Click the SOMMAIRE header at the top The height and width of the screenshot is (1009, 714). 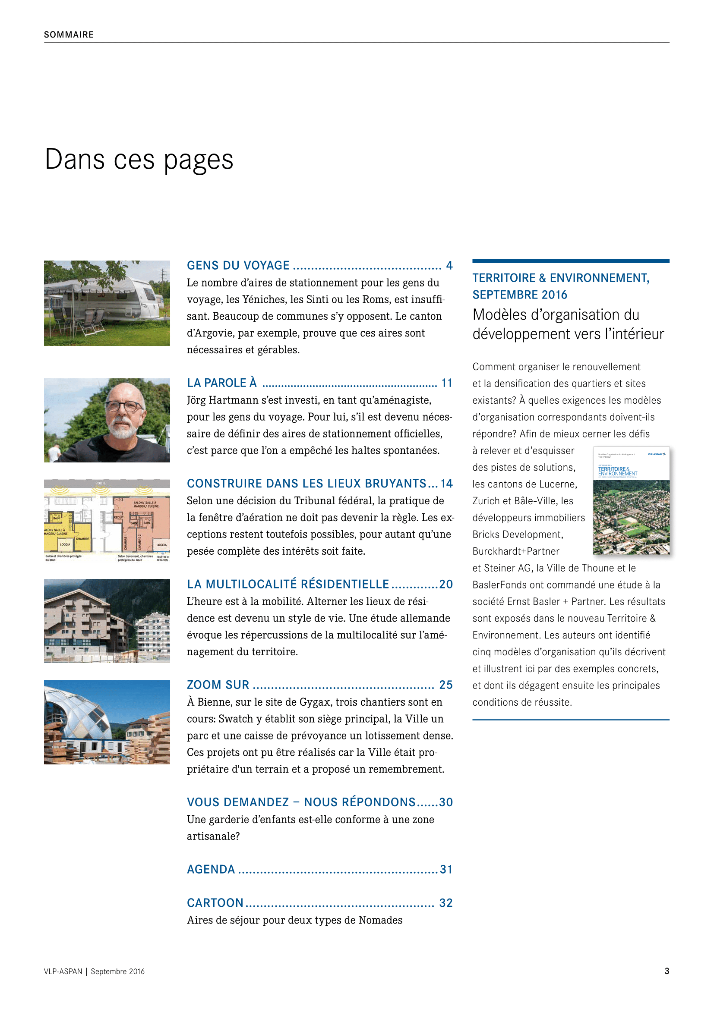(69, 35)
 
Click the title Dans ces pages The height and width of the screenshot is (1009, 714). (139, 160)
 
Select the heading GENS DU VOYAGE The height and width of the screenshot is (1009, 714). (238, 265)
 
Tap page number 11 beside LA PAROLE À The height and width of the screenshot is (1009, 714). (447, 383)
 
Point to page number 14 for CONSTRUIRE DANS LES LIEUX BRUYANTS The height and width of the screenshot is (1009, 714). (446, 484)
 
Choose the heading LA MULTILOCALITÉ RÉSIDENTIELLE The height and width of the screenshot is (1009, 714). (288, 585)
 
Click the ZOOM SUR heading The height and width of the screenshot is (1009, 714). (218, 685)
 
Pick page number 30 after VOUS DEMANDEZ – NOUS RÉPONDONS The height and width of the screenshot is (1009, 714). (445, 802)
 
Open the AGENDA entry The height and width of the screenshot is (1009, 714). (211, 870)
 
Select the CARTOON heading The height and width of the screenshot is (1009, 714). (215, 903)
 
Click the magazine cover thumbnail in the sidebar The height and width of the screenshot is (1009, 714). (631, 500)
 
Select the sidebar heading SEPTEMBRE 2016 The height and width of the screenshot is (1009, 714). (520, 295)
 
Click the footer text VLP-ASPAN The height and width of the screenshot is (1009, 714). (63, 971)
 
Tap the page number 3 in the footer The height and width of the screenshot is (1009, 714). (667, 971)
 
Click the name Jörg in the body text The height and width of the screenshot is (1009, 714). (196, 400)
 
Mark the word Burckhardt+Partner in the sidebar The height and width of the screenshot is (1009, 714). (516, 552)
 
